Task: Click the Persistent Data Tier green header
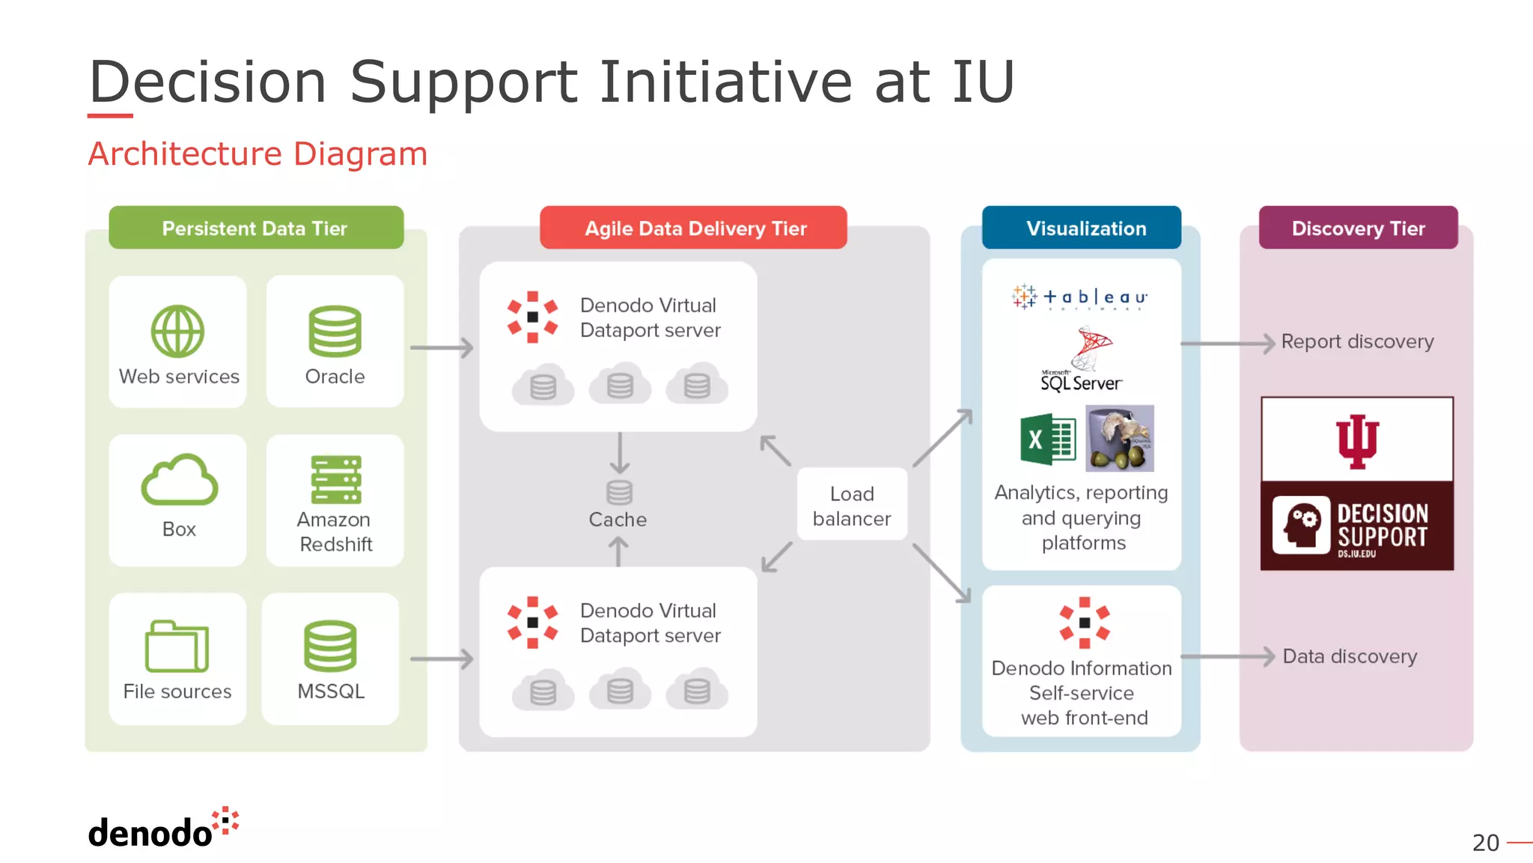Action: tap(255, 228)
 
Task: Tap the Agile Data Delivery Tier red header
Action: tap(694, 228)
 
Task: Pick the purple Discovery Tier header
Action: tap(1358, 228)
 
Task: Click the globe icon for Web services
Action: tap(177, 331)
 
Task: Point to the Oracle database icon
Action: tap(335, 331)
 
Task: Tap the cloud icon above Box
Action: tap(180, 480)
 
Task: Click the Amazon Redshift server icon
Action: tap(335, 479)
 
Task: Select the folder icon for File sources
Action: tap(177, 646)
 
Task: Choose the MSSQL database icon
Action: tap(330, 646)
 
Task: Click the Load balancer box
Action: tap(852, 505)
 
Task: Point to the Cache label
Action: tap(618, 519)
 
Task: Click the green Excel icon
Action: tap(1047, 440)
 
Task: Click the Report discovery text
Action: tap(1357, 342)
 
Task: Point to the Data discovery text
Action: tap(1350, 656)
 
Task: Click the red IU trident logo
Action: tap(1357, 441)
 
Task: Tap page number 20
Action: tap(1485, 843)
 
